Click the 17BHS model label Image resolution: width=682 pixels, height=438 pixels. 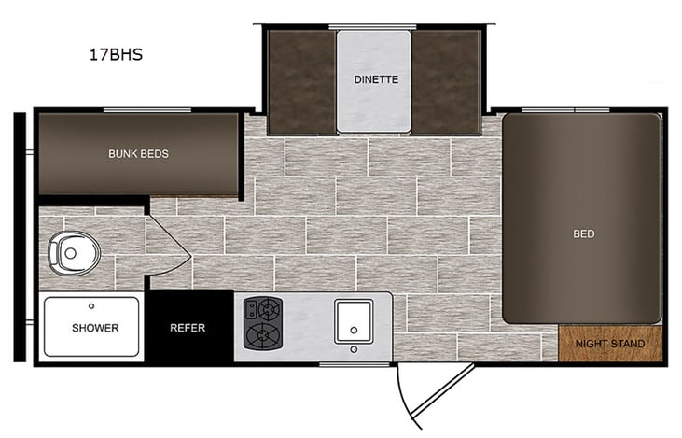115,55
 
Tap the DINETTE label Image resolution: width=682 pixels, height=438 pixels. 376,79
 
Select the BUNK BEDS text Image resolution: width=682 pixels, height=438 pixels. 138,153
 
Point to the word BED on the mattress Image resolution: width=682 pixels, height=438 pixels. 583,233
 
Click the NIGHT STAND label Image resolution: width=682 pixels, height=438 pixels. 610,345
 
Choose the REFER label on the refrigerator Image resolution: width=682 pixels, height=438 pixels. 187,328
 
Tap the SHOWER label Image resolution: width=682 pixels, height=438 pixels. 94,328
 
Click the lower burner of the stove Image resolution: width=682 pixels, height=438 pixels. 261,333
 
